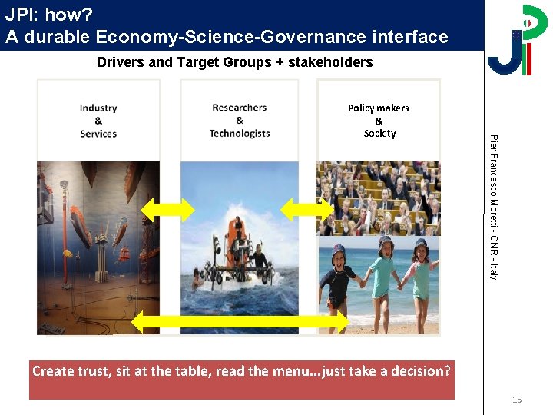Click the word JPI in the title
click(18, 13)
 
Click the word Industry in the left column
click(98, 108)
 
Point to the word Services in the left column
click(98, 134)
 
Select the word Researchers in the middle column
click(239, 108)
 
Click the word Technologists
click(239, 134)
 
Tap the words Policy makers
click(378, 108)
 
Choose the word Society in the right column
click(379, 134)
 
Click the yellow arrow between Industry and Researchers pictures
click(168, 208)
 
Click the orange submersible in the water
click(237, 246)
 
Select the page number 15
click(517, 400)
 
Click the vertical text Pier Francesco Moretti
click(494, 177)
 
